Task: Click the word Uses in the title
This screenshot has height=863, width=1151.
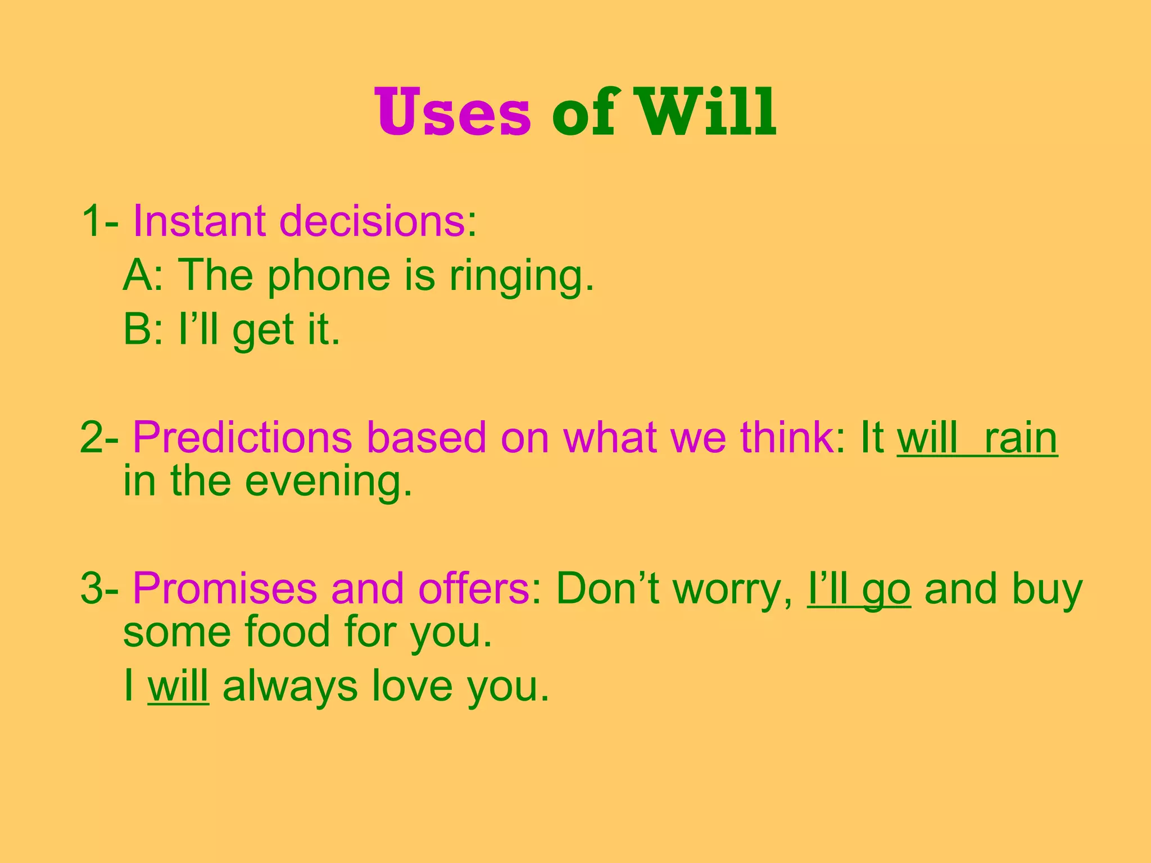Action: pos(452,112)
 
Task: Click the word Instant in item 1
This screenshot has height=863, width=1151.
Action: pos(199,221)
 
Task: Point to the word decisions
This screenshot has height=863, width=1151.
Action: pos(372,221)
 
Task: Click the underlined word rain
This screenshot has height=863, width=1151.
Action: pos(1020,438)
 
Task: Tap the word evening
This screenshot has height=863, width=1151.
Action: pos(329,482)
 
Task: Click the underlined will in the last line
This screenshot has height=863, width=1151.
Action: pos(178,686)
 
